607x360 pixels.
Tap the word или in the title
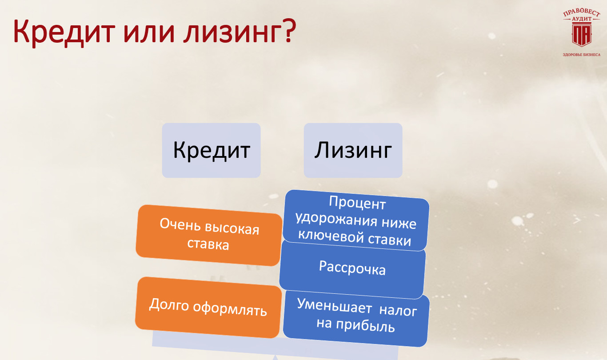point(149,33)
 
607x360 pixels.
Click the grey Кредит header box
point(212,151)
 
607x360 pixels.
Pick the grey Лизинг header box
point(353,151)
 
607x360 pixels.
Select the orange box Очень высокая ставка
point(209,235)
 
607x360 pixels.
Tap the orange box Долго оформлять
point(208,307)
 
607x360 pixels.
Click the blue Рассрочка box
point(352,269)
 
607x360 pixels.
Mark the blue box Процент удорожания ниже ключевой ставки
point(356,220)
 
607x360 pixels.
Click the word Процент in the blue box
point(357,203)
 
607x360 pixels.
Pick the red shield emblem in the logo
point(581,34)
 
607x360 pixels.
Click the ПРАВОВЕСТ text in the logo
point(581,12)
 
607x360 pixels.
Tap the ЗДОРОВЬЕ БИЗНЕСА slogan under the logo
point(582,55)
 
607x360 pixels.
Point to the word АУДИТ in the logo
point(582,19)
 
